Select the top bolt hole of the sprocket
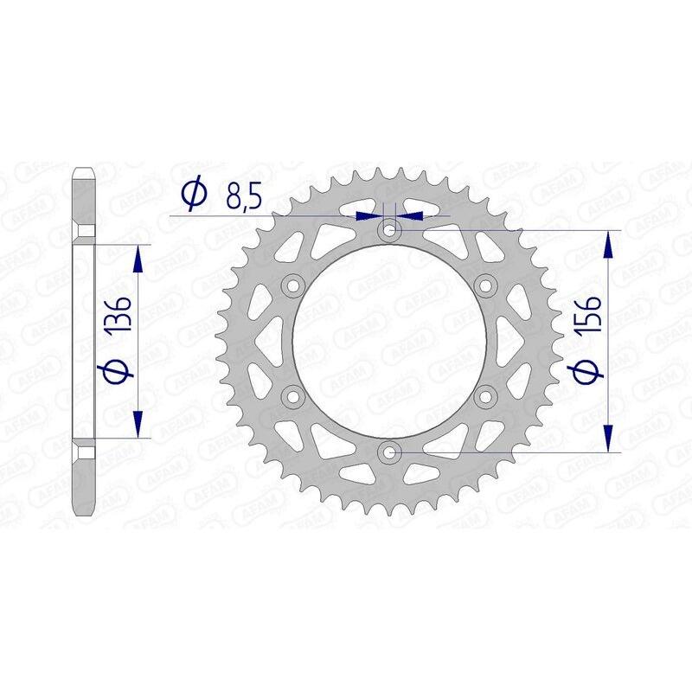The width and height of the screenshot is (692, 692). click(x=388, y=230)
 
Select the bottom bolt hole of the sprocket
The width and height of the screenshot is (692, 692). click(x=388, y=452)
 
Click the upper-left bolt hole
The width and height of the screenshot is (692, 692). click(x=292, y=285)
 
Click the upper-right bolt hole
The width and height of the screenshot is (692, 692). click(x=484, y=285)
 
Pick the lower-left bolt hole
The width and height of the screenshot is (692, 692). click(x=292, y=396)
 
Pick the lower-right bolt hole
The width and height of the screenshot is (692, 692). click(x=484, y=396)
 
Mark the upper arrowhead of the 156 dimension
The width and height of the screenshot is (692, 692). click(x=611, y=243)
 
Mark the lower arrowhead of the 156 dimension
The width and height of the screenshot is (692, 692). click(x=611, y=439)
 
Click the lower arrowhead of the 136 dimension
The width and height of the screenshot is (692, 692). click(x=137, y=425)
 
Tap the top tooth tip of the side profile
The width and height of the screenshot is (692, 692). click(x=83, y=170)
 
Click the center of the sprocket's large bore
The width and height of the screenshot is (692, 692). click(x=388, y=341)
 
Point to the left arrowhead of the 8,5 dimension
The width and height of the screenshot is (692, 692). click(x=373, y=214)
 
